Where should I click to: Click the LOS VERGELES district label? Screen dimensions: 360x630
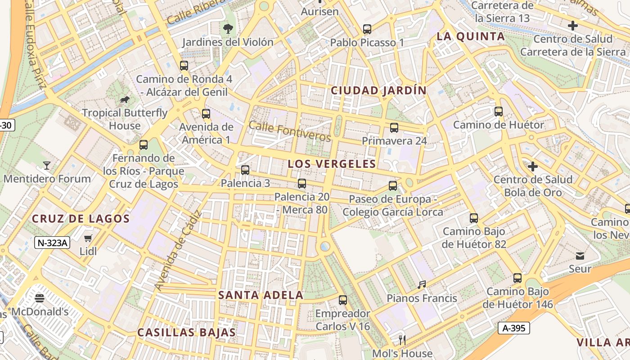point(332,164)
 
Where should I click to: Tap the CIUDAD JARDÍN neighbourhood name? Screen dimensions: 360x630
point(378,90)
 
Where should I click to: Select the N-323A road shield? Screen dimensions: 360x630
point(53,243)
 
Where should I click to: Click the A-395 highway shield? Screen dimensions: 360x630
point(514,328)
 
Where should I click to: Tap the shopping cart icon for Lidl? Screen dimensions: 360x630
point(88,238)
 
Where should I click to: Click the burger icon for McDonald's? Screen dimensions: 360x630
point(40,298)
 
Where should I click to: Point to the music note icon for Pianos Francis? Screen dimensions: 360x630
point(422,284)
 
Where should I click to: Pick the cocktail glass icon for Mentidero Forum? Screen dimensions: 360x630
point(46,166)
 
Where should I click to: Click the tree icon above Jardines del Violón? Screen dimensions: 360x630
point(228,29)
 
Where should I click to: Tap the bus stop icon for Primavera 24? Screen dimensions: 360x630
point(394,127)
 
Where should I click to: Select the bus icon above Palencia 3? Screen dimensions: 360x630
point(245,170)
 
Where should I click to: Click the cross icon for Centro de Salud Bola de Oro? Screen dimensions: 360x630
point(533,166)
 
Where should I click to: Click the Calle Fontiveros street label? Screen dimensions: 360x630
point(290,131)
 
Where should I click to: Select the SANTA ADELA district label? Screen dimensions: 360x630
point(261,295)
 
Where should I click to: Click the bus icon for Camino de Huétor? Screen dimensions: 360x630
point(499,111)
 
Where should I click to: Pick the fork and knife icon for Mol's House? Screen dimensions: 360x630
point(402,340)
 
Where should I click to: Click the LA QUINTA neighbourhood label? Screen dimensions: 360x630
point(471,36)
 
